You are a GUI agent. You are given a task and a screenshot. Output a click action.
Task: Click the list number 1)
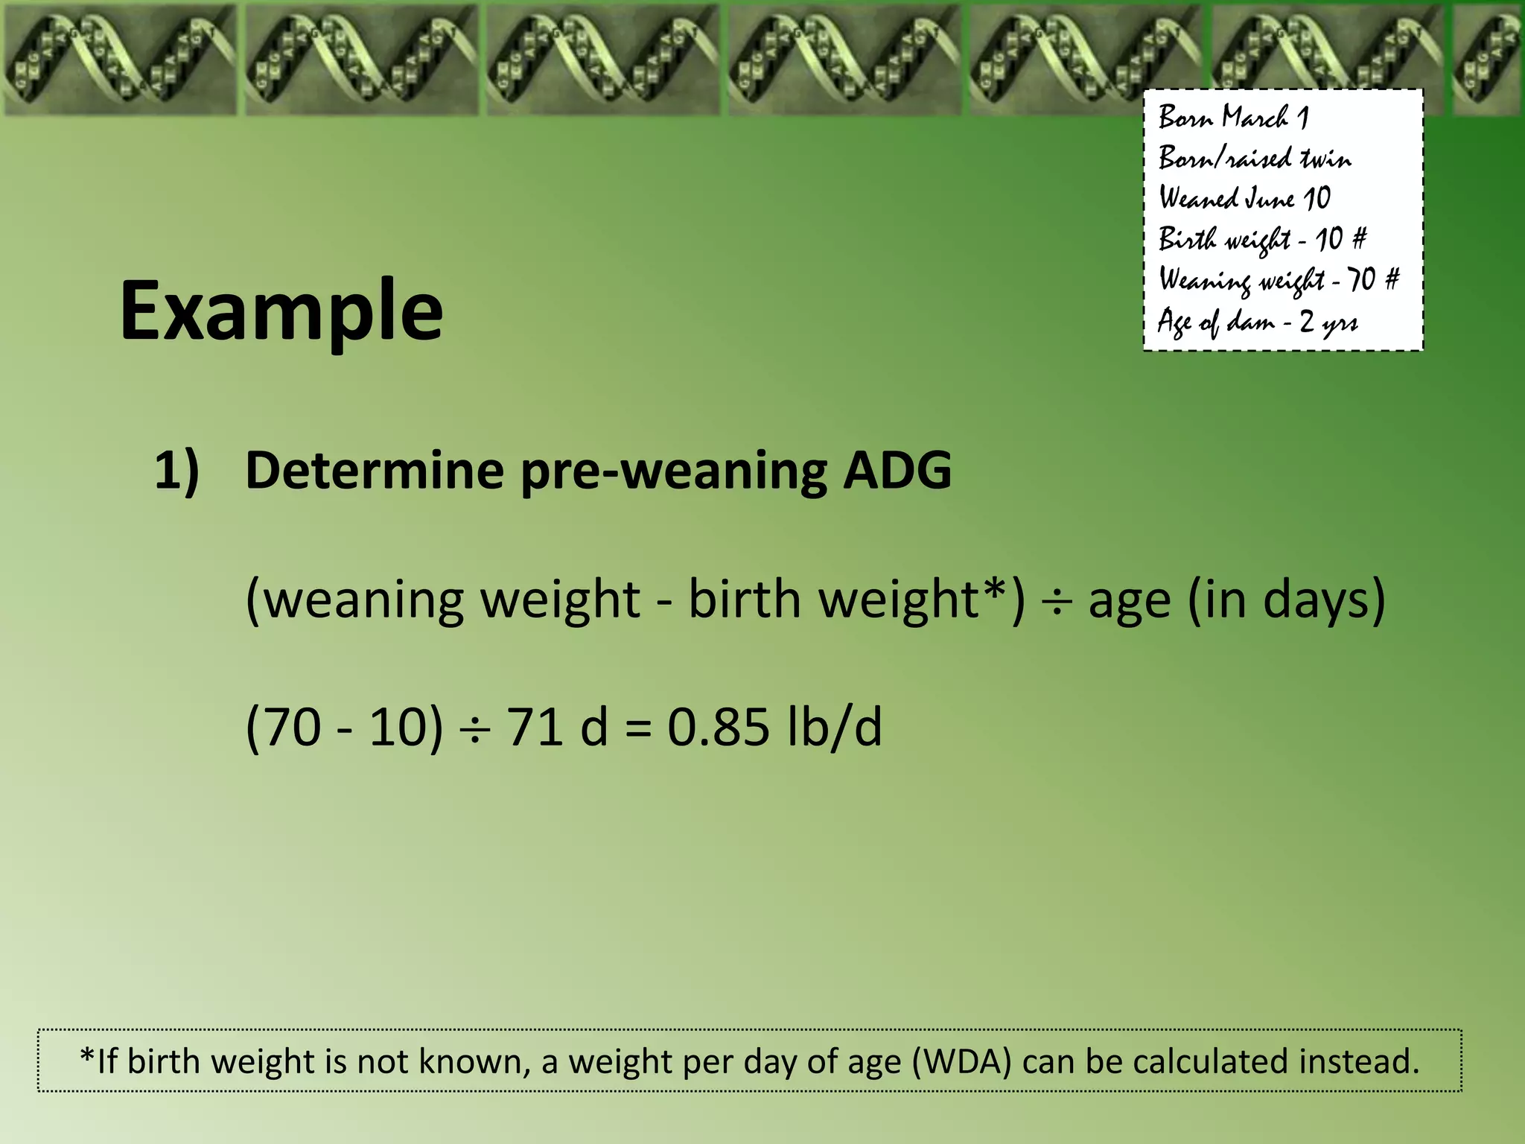[176, 471]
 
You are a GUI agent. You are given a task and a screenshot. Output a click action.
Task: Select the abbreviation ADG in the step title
[897, 471]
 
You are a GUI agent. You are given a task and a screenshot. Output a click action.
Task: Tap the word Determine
[375, 471]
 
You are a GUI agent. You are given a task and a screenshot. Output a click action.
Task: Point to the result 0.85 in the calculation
[718, 727]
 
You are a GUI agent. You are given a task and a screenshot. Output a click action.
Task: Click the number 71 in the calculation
[535, 727]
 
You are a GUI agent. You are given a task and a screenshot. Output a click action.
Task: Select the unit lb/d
[834, 727]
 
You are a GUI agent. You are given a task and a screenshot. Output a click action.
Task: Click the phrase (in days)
[1287, 600]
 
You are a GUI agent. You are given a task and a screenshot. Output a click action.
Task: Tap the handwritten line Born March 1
[1233, 118]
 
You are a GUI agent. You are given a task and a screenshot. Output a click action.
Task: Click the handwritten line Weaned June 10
[1244, 198]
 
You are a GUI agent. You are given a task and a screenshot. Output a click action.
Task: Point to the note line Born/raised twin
[1255, 158]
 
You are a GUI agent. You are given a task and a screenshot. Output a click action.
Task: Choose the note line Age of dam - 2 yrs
[1257, 322]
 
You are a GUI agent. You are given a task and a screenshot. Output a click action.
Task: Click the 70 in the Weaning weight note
[1362, 280]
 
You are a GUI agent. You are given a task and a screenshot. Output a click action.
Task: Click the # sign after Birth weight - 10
[1359, 239]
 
